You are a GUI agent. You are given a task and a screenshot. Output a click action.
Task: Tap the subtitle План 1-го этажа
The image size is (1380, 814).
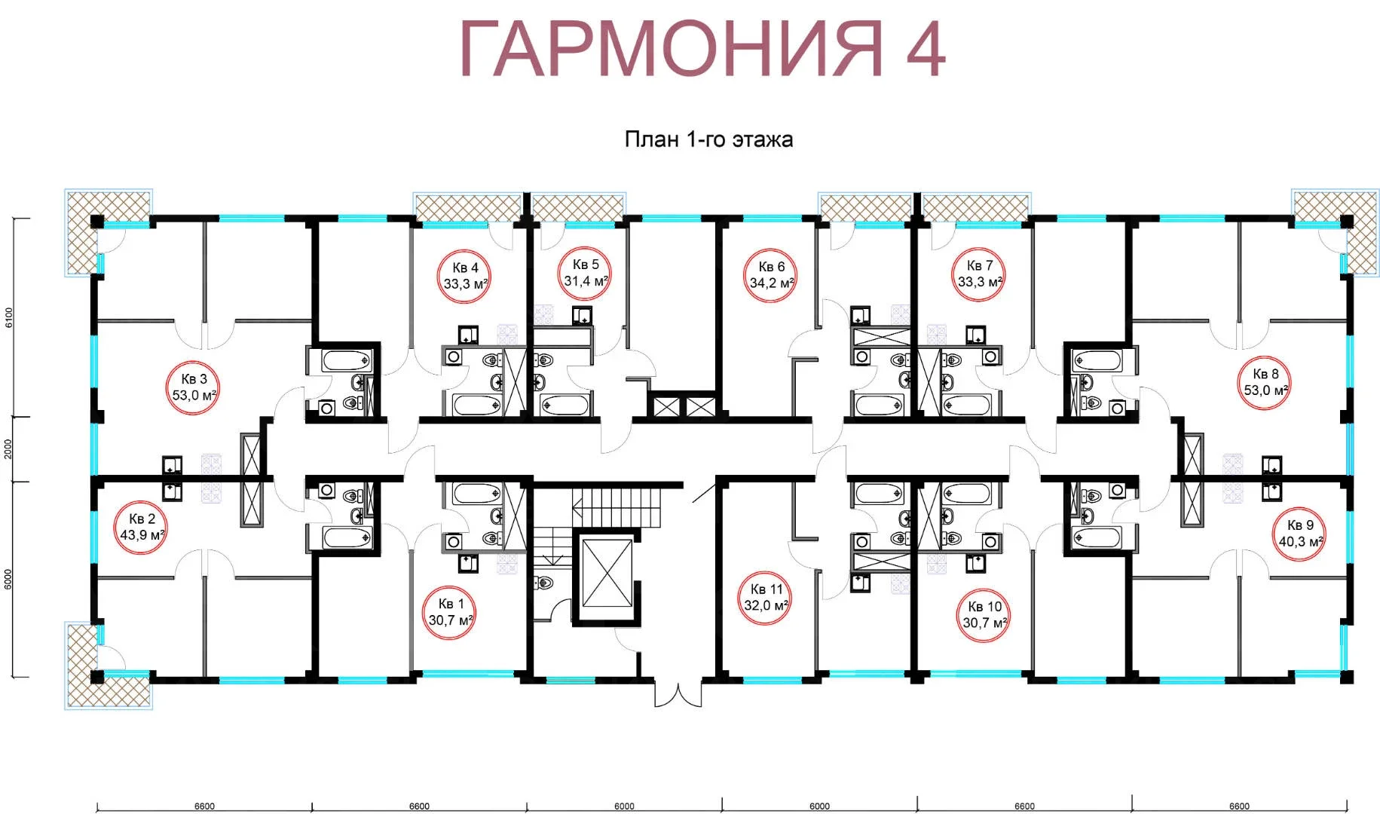point(708,139)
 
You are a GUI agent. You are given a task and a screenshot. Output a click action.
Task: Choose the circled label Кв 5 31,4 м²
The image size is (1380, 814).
point(586,273)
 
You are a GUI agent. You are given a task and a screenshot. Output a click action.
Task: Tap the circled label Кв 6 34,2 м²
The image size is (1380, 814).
point(771,275)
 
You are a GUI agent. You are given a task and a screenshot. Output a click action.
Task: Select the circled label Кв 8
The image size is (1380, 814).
point(1265,382)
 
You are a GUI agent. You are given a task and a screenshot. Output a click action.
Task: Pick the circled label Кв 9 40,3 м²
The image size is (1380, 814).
point(1300,534)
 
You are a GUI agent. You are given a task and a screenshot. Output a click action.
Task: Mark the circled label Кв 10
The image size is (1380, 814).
point(985,615)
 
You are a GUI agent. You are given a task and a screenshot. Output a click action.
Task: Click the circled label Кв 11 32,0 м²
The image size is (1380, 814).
point(766,598)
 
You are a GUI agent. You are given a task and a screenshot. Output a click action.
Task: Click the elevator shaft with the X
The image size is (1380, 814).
point(607,572)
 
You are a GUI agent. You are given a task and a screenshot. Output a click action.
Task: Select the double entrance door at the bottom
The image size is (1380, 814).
point(678,693)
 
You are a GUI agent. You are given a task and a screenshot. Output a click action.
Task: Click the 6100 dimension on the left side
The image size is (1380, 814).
point(9,318)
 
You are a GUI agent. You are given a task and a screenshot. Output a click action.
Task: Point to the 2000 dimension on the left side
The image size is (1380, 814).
point(9,449)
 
